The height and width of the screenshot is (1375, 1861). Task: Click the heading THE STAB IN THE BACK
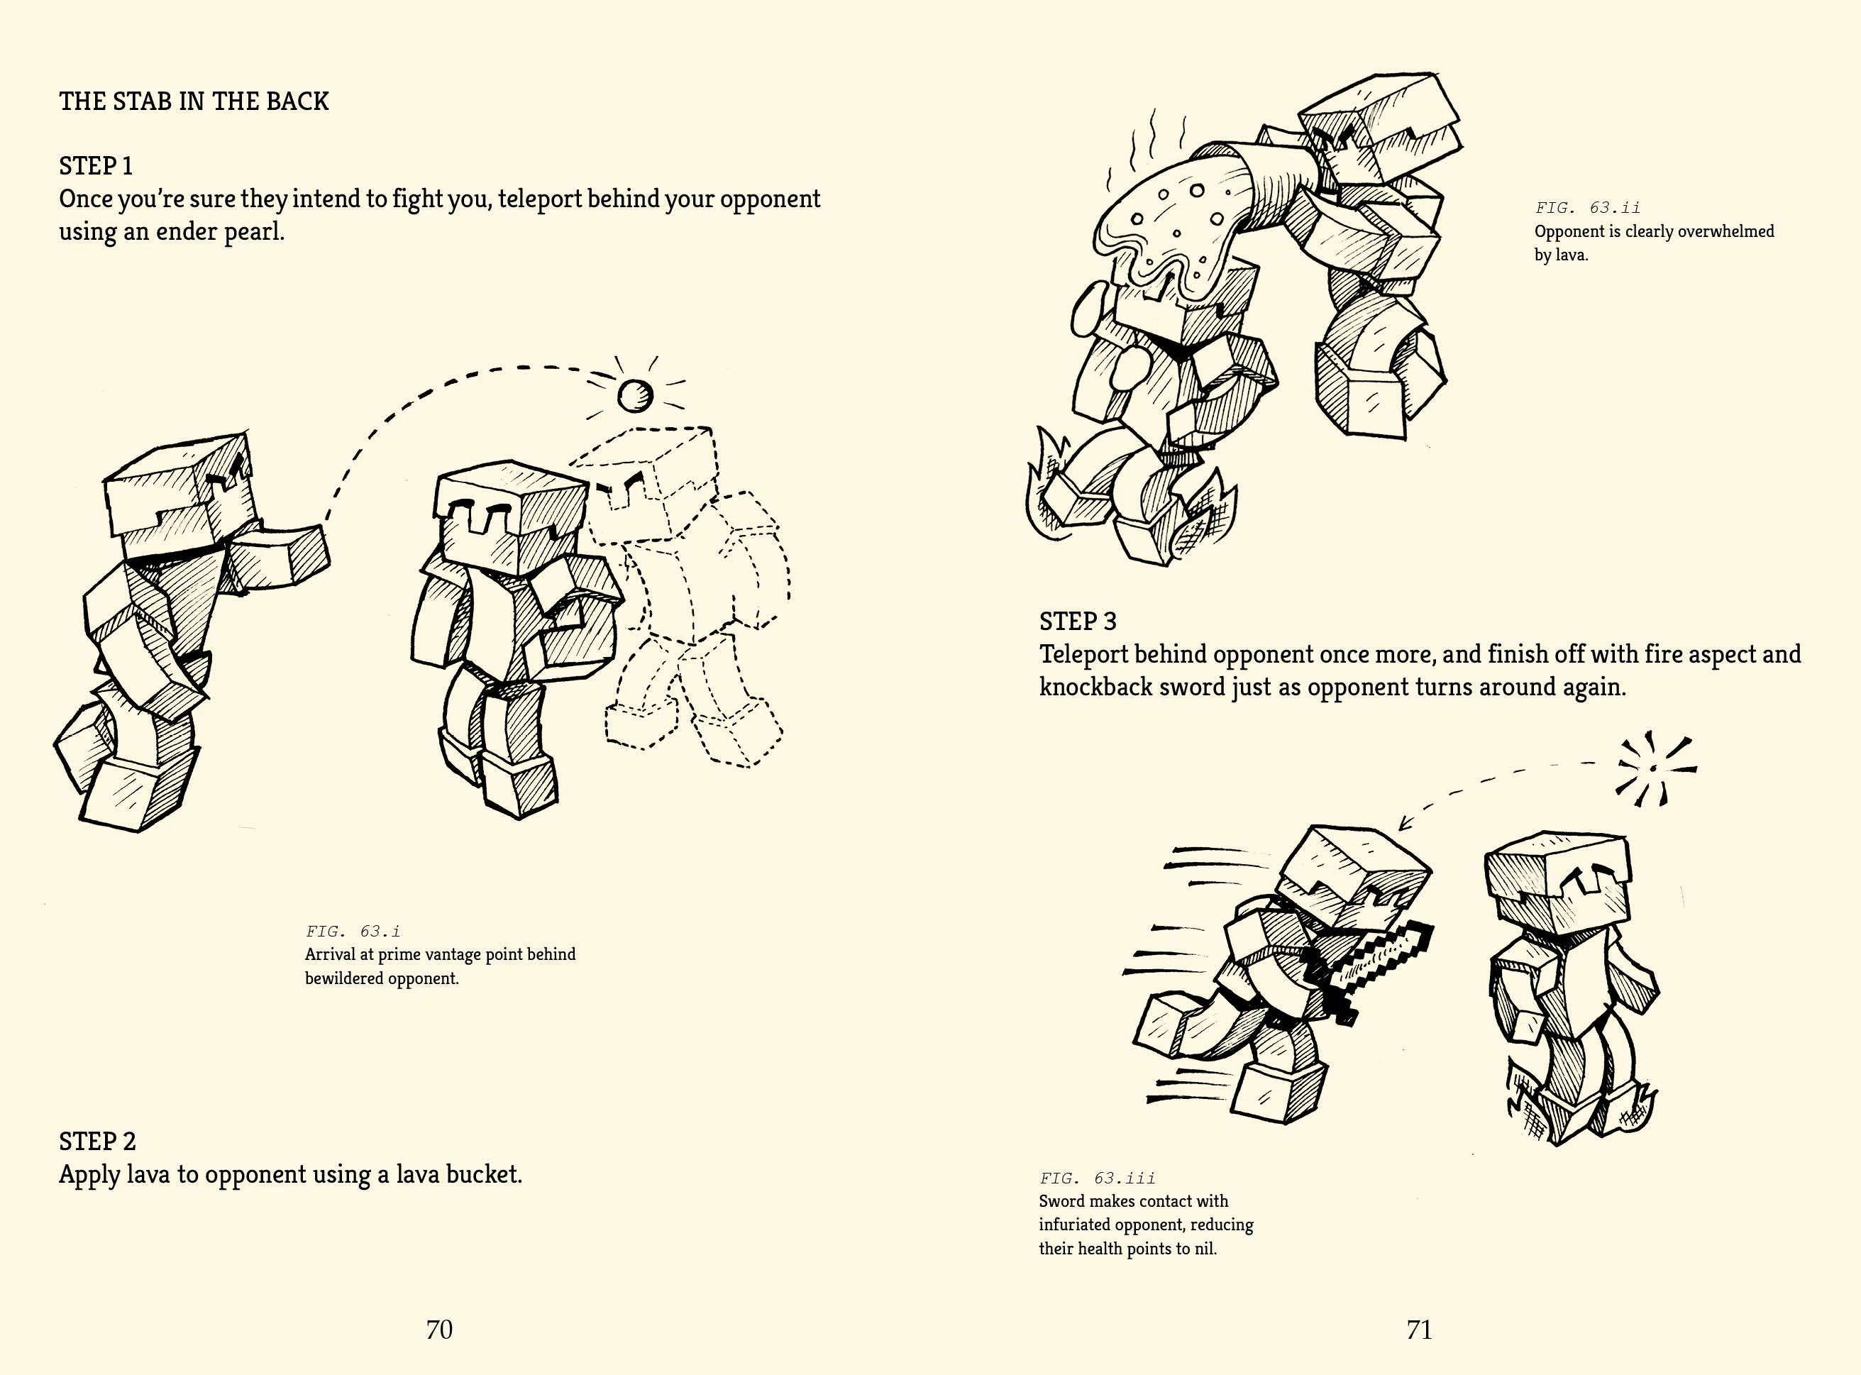(194, 101)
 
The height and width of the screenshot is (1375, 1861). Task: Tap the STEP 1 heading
(96, 165)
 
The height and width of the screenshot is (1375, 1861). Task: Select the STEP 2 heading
(97, 1141)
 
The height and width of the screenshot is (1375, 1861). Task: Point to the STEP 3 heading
(1078, 621)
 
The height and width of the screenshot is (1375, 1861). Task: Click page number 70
(439, 1329)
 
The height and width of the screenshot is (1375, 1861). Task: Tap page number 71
(1419, 1329)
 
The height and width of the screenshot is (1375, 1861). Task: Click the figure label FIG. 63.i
(353, 932)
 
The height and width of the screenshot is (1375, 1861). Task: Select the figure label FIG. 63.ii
(1588, 207)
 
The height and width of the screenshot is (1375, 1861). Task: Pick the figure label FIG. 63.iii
(1097, 1178)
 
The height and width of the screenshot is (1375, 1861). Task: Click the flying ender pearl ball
(635, 395)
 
